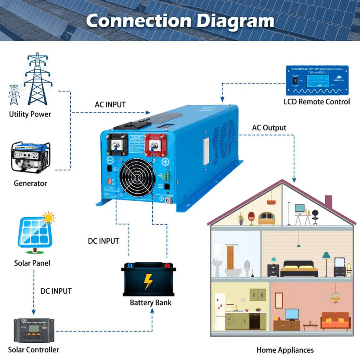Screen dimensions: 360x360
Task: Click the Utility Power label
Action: pyautogui.click(x=30, y=114)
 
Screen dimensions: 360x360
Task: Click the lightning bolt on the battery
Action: pyautogui.click(x=148, y=281)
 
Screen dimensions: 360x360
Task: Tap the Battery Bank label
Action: pyautogui.click(x=150, y=303)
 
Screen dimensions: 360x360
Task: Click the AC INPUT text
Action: pyautogui.click(x=110, y=105)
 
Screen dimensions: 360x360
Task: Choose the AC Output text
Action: pyautogui.click(x=269, y=128)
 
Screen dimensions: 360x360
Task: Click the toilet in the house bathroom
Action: pyautogui.click(x=246, y=268)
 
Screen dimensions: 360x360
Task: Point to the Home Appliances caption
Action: pyautogui.click(x=285, y=350)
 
